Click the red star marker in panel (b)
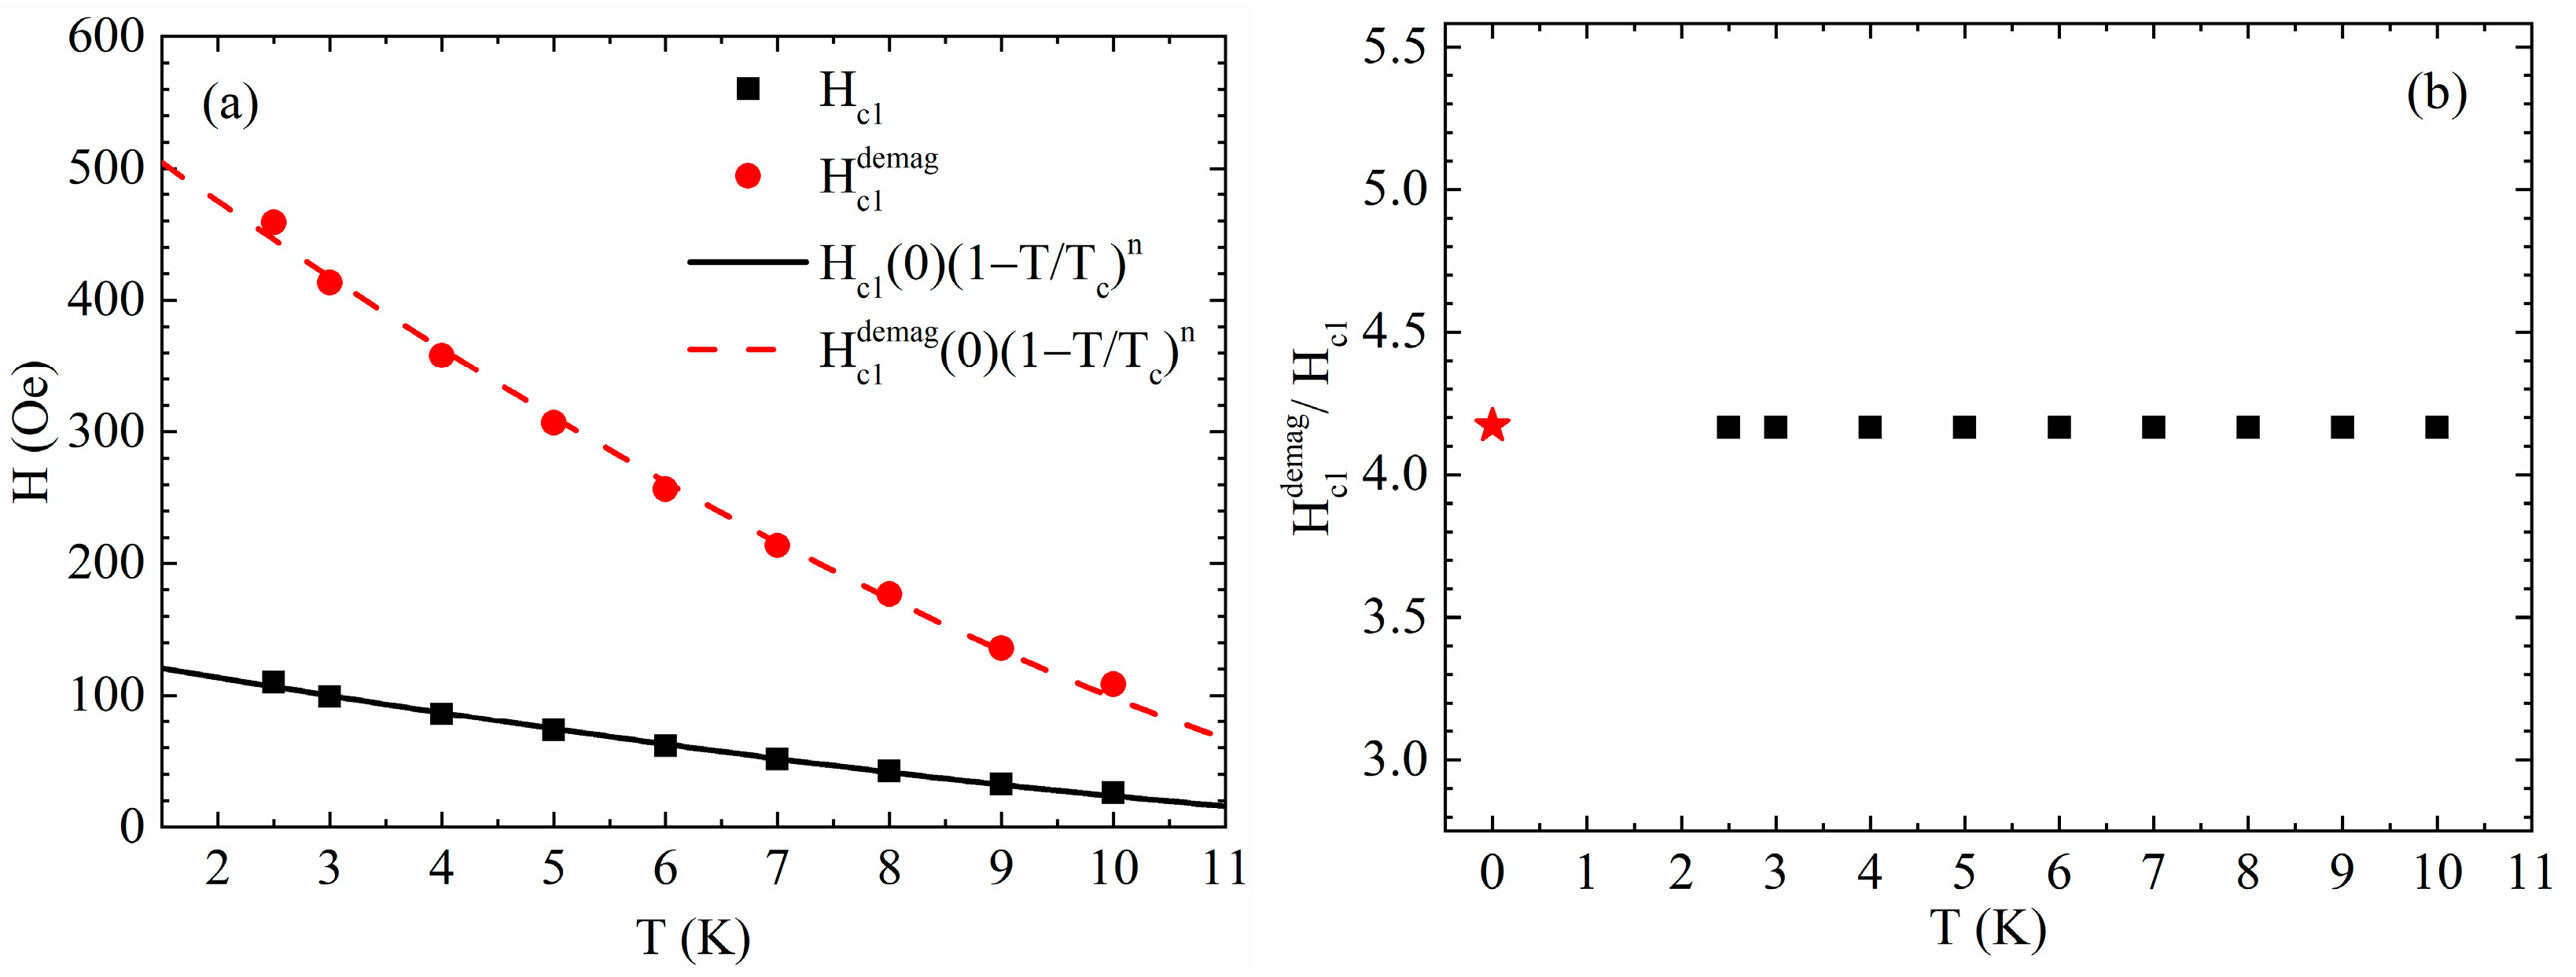coord(1492,425)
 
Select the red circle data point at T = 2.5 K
coord(273,222)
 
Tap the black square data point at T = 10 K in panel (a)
coord(1112,793)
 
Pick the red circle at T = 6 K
coord(665,489)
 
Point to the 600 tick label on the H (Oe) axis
coord(106,38)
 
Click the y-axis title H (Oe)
coord(34,432)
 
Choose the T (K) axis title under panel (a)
coord(692,938)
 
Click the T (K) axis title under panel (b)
coord(1987,928)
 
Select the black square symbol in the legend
coord(747,89)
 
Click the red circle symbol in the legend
coord(747,176)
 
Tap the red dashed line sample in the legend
coord(733,350)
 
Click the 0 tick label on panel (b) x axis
coord(1491,874)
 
